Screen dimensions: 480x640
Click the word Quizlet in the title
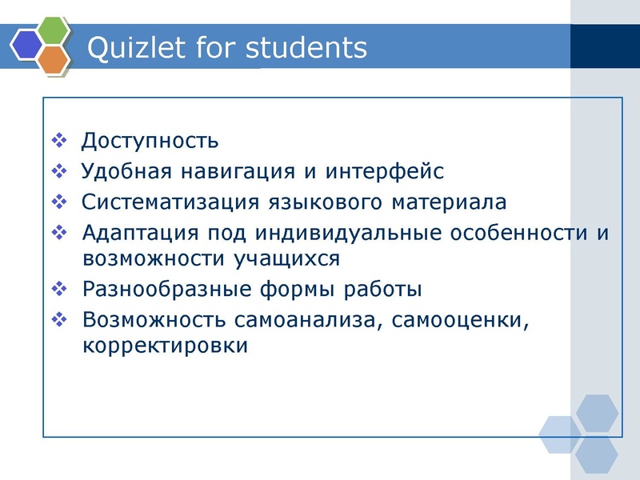click(131, 47)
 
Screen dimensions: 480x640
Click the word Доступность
click(150, 142)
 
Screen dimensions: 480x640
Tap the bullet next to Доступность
click(59, 141)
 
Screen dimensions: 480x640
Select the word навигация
click(239, 172)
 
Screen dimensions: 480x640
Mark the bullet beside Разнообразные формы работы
click(59, 287)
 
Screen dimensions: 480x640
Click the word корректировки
click(166, 346)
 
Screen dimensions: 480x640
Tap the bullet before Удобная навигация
click(59, 170)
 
